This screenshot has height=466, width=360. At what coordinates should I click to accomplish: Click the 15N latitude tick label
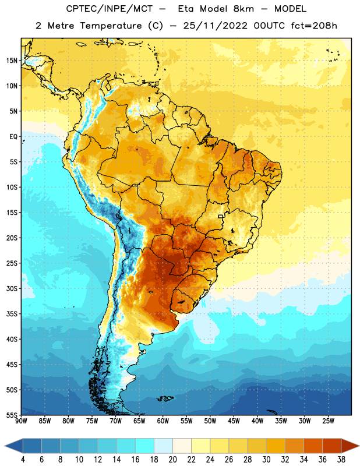point(12,61)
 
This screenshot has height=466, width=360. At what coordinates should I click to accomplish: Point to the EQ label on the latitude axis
point(13,137)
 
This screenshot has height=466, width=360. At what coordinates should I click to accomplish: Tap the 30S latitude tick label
point(12,288)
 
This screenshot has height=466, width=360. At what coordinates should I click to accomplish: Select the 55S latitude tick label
point(12,415)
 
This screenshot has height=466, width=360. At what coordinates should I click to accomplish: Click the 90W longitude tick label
point(22,421)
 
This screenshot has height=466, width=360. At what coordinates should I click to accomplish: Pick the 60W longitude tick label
point(163,421)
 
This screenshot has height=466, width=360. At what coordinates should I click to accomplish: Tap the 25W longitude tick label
point(328,421)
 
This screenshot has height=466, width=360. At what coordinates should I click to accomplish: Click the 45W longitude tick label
point(234,421)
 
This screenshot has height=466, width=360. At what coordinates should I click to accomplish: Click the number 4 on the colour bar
point(23,460)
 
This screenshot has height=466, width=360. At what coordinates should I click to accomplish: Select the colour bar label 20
point(172,460)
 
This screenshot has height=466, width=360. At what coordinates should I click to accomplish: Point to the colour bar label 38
point(341,460)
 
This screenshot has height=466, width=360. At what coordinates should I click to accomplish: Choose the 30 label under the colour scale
point(266,460)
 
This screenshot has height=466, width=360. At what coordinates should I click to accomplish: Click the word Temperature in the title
point(111,26)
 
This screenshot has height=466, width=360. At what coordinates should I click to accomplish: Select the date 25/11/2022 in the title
point(215,26)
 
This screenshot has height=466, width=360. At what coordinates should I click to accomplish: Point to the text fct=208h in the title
point(314,26)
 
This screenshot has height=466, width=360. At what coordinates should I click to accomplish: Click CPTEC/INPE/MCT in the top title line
point(109,9)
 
